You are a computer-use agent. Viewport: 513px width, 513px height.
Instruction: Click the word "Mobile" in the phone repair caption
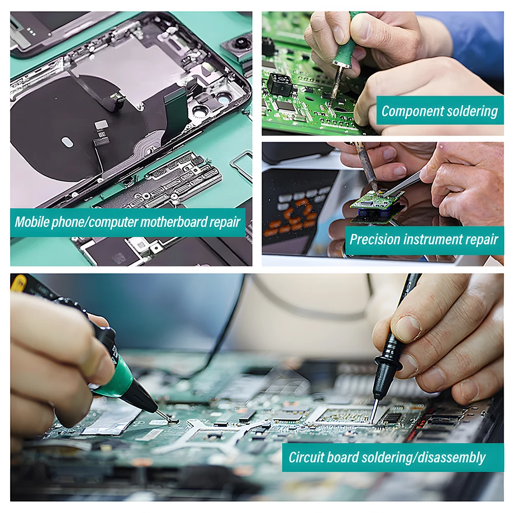pos(31,222)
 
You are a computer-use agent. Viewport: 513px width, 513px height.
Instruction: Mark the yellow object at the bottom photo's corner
pos(18,283)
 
